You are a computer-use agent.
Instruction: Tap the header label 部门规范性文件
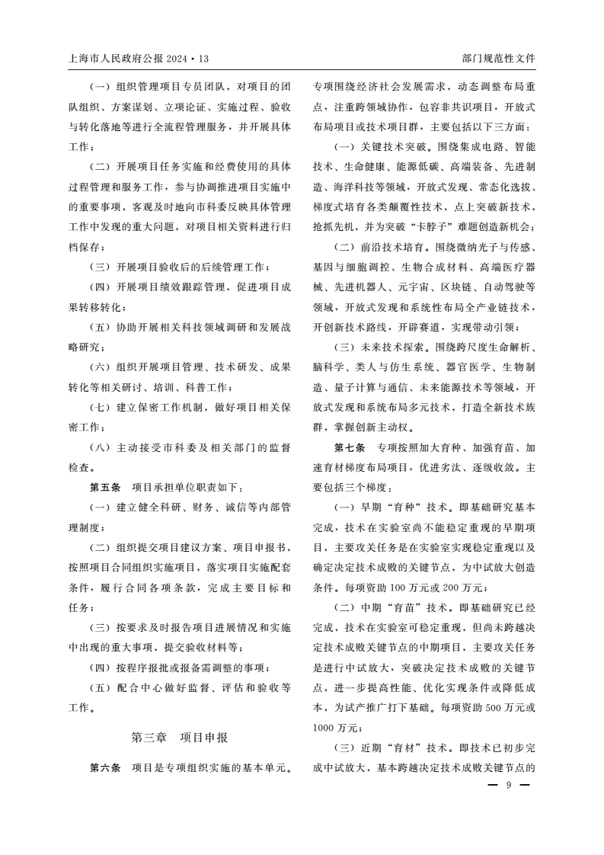499,58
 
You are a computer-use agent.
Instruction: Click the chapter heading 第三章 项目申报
180,738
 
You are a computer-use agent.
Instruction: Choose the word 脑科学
328,367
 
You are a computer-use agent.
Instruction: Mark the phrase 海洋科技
349,187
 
